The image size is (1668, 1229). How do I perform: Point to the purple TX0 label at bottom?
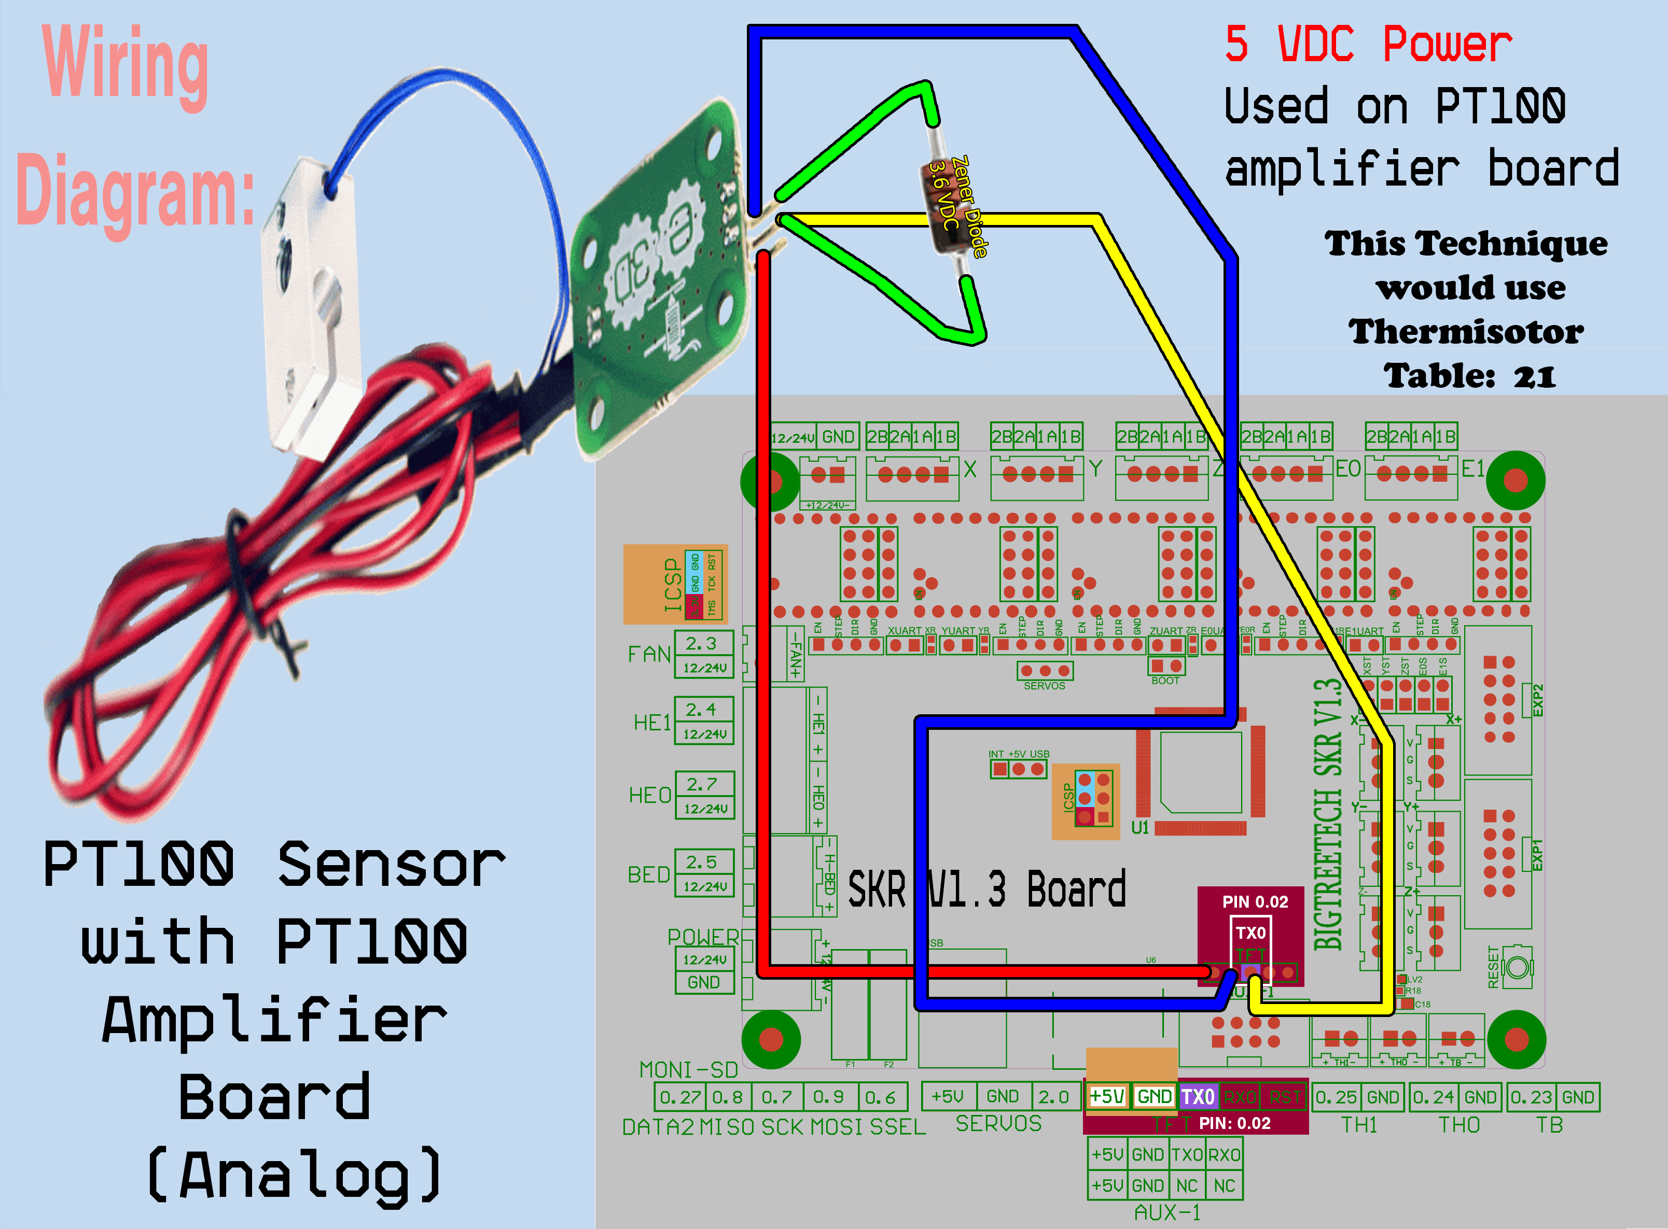click(1198, 1097)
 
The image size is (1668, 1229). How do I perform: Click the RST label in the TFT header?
click(1285, 1097)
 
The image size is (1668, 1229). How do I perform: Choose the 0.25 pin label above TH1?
click(1336, 1097)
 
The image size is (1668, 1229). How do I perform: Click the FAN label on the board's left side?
click(649, 654)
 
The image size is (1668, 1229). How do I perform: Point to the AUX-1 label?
click(1167, 1212)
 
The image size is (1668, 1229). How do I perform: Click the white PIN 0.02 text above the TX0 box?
click(1255, 901)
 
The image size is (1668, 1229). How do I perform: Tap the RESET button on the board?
click(1518, 967)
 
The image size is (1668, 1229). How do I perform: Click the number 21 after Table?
click(1534, 376)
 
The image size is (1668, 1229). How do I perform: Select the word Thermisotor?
click(1466, 332)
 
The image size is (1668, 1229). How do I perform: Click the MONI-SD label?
click(688, 1070)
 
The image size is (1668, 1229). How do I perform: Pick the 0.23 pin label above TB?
click(1531, 1097)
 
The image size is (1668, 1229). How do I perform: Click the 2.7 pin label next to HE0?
click(701, 784)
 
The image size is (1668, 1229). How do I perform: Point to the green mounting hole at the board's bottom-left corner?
click(771, 1039)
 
